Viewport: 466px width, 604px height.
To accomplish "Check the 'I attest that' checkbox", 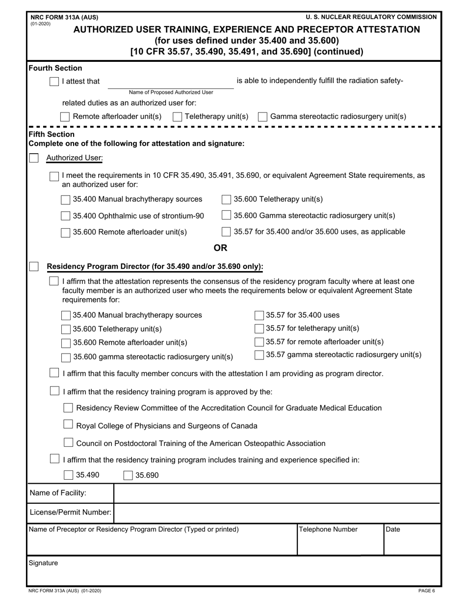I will [x=54, y=82].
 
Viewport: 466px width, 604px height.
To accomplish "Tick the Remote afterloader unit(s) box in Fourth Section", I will [x=65, y=117].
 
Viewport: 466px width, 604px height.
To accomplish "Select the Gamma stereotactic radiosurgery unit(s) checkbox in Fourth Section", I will [x=262, y=117].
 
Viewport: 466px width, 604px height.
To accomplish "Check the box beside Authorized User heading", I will [x=34, y=158].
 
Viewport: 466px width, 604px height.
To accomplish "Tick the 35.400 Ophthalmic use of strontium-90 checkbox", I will [x=65, y=216].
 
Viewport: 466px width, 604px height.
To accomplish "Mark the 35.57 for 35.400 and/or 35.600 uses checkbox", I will [x=226, y=232].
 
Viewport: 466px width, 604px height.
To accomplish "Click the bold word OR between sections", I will [x=220, y=248].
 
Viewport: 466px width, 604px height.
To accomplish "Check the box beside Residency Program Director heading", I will [x=34, y=267].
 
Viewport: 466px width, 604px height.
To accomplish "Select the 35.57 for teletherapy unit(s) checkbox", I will [x=259, y=329].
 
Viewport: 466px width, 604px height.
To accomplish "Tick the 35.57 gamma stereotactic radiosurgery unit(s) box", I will [x=259, y=355].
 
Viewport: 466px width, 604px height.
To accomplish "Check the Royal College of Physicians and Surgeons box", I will [x=69, y=425].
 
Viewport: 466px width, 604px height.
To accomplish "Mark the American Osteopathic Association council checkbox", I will [x=69, y=443].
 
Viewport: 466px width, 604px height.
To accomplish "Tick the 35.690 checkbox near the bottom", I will [x=128, y=475].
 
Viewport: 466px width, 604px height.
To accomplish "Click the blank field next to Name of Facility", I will [x=277, y=493].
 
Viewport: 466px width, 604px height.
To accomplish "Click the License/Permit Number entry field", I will [x=277, y=513].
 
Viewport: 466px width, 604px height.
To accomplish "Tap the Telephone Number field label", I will [x=328, y=530].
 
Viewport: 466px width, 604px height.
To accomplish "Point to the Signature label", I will [x=43, y=563].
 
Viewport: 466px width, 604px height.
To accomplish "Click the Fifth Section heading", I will [x=52, y=134].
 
